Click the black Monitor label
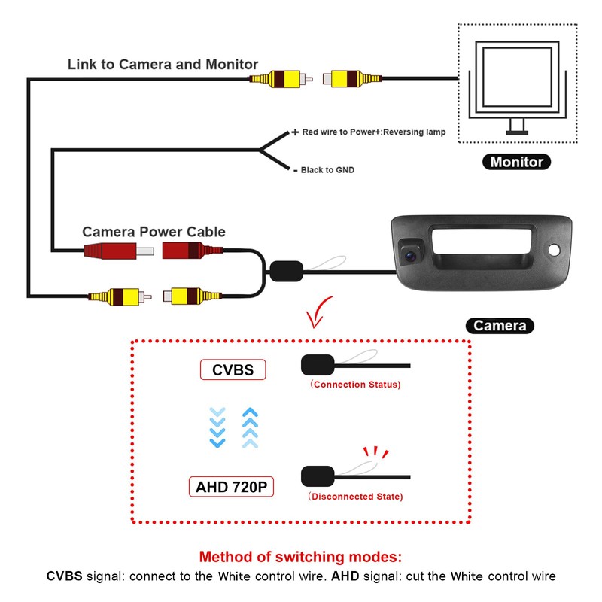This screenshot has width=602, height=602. tap(516, 162)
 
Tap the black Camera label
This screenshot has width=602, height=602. tap(500, 326)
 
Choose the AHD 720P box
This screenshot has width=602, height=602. tap(231, 486)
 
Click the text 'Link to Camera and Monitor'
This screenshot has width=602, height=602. tap(163, 65)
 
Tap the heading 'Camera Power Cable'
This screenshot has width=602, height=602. tap(154, 232)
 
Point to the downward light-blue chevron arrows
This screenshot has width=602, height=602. tap(217, 427)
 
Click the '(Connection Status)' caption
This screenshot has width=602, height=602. tap(355, 385)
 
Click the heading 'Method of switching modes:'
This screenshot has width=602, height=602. tap(301, 558)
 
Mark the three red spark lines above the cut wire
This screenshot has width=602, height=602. tap(374, 453)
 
